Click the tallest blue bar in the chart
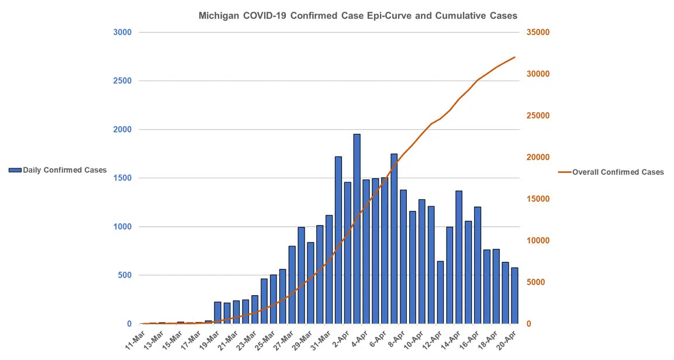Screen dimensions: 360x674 pyautogui.click(x=357, y=228)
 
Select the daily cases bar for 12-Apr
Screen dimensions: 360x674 pyautogui.click(x=440, y=292)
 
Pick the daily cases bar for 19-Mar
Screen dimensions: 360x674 pyautogui.click(x=217, y=313)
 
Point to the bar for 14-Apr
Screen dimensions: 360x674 pyautogui.click(x=459, y=257)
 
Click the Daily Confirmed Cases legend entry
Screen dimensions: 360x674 pyautogui.click(x=58, y=170)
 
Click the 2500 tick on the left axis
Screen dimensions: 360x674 pyautogui.click(x=122, y=81)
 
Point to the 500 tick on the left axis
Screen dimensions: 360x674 pyautogui.click(x=125, y=275)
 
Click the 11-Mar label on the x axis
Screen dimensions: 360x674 pyautogui.click(x=136, y=341)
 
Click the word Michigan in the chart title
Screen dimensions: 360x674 pyautogui.click(x=219, y=16)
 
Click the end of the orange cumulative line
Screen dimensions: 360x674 pyautogui.click(x=514, y=57)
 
